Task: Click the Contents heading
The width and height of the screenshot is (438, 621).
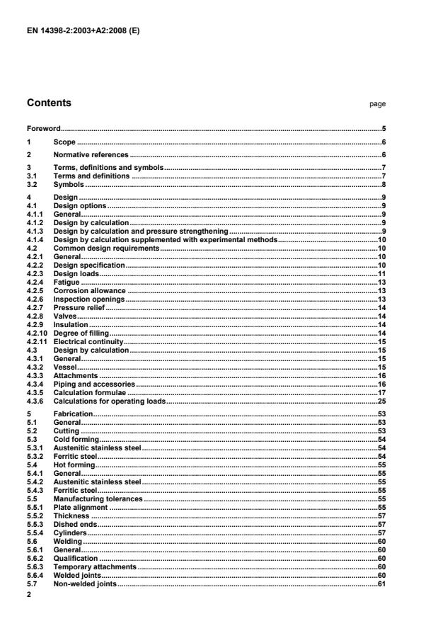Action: coord(49,103)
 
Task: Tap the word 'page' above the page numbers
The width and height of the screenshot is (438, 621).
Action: coord(377,104)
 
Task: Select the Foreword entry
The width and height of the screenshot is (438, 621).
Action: coord(43,129)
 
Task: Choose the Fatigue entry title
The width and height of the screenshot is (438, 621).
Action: coord(67,283)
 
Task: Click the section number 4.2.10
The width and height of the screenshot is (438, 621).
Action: coord(37,333)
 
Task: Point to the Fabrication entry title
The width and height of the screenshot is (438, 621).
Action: coord(74,413)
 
